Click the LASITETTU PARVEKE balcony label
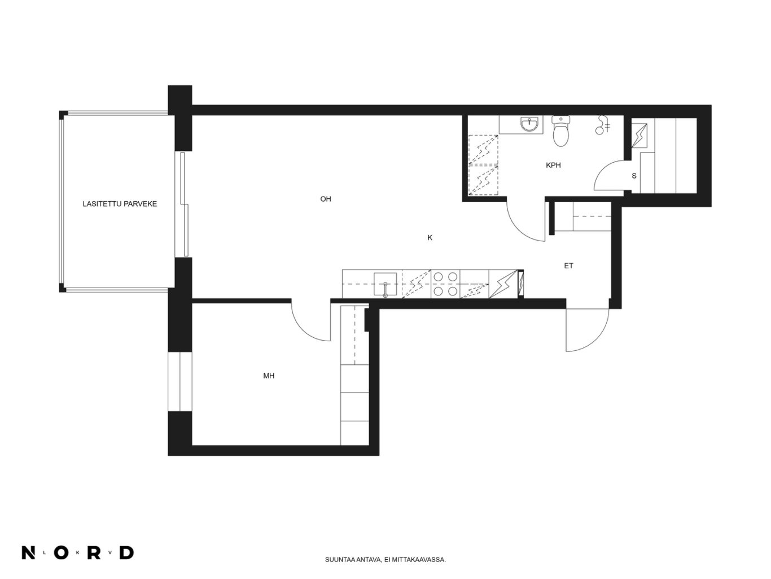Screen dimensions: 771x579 [120, 204]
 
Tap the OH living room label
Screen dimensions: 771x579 [325, 199]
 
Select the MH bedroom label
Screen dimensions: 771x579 [268, 376]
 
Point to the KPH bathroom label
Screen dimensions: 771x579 [553, 166]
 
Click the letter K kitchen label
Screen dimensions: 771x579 [430, 238]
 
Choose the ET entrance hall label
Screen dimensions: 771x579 [568, 266]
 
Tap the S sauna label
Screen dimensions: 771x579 [634, 176]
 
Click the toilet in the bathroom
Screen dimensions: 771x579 [560, 131]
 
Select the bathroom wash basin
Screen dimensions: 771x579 [529, 124]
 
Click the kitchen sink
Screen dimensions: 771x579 [385, 284]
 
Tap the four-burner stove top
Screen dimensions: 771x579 [445, 284]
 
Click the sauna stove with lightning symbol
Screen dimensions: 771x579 [639, 136]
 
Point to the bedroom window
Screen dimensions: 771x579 [180, 381]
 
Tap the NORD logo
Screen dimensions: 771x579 [78, 553]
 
